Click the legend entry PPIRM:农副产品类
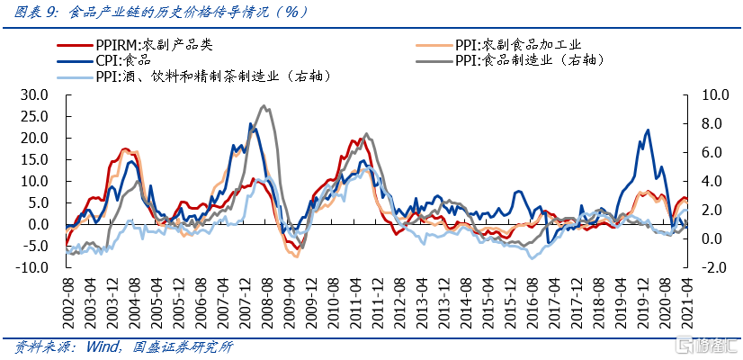[x=153, y=43]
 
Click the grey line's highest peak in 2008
[x=262, y=106]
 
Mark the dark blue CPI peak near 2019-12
[x=648, y=130]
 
